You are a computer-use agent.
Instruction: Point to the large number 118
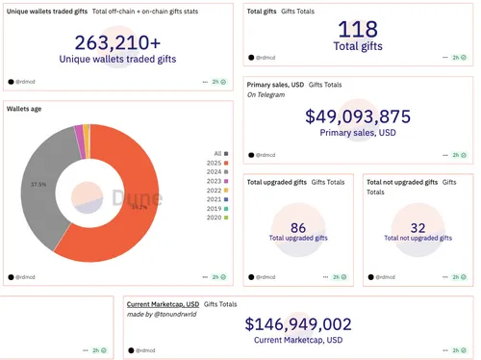[x=359, y=28]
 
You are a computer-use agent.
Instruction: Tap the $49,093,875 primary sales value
[x=358, y=117]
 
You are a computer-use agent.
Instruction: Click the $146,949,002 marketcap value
[x=298, y=325]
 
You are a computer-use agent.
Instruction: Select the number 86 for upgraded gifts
[x=298, y=227]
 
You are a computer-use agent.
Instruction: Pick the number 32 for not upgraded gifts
[x=418, y=227]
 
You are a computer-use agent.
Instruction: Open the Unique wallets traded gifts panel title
[x=47, y=12]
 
